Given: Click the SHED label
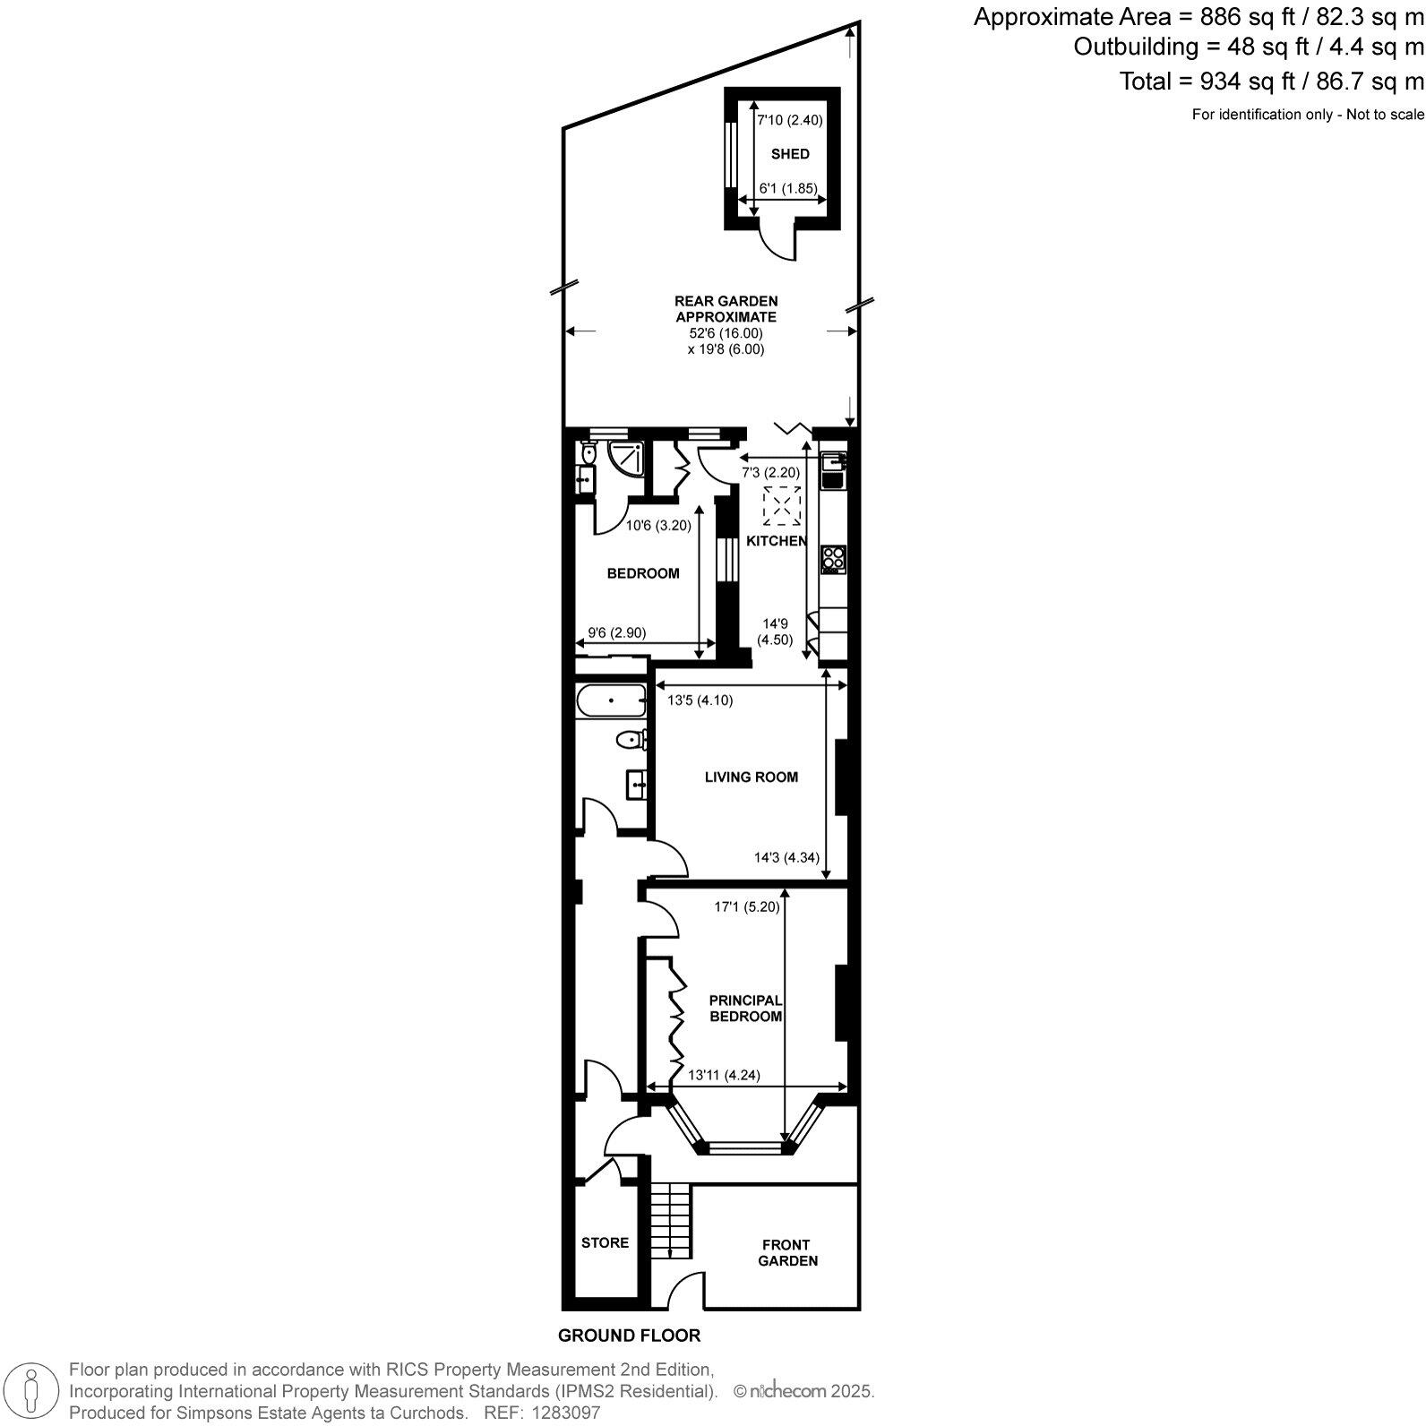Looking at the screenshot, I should point(790,154).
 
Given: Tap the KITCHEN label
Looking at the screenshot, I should point(777,541).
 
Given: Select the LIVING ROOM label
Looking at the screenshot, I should point(751,777).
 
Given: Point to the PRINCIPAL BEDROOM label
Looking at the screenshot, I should point(745,1008).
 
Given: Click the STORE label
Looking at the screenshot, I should point(605,1242).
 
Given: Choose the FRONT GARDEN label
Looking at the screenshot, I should point(787,1252).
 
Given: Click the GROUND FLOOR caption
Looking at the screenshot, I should point(629,1336).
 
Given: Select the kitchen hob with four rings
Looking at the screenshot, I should point(833,559).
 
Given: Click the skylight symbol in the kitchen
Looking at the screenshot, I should point(781,506).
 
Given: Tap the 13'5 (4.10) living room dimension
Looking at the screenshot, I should point(700,700).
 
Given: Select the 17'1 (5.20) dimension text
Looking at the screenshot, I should point(746,906).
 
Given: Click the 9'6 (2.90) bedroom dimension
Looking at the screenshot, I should point(615,632).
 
